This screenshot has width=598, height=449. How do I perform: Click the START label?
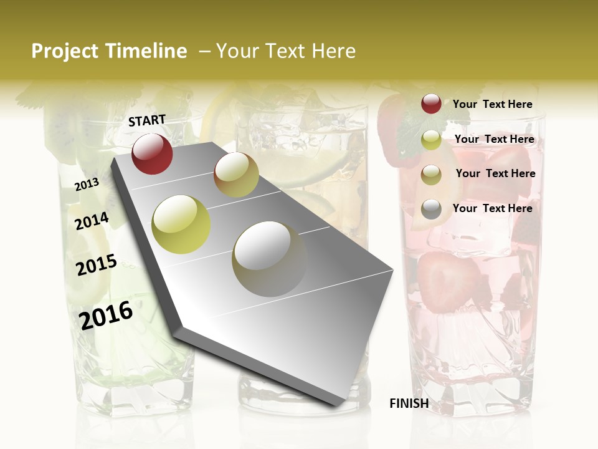point(147,120)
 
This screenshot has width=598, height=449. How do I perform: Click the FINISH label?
point(409,403)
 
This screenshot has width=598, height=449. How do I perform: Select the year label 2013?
point(87,185)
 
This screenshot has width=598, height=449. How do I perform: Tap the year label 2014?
point(92,221)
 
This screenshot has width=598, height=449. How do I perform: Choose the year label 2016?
point(106,315)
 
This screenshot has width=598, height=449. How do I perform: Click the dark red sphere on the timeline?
point(152,153)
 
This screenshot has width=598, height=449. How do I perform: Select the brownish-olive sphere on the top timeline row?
point(236,175)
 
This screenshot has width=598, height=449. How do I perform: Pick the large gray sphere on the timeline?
point(269,259)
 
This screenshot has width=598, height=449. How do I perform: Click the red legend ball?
point(431,104)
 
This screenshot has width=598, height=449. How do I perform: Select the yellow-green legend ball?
point(431,140)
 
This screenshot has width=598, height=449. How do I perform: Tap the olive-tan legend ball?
point(431,175)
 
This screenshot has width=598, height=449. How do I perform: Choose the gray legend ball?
point(431,209)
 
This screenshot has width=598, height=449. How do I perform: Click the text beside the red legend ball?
point(492,104)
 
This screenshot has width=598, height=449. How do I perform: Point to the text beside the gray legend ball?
point(492,208)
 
